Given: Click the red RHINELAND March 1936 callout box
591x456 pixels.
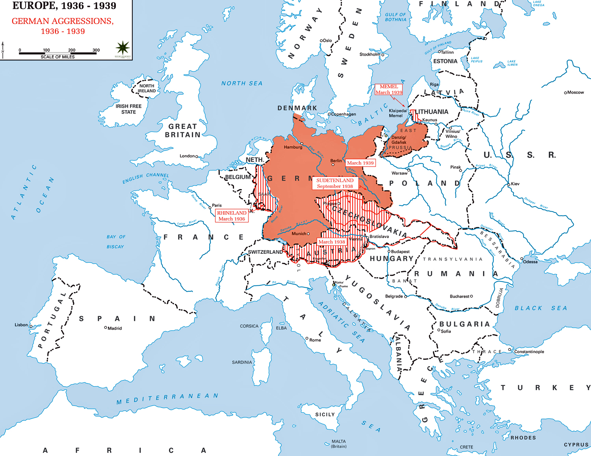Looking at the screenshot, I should click(x=232, y=216).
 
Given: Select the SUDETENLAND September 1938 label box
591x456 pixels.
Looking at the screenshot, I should click(x=335, y=183).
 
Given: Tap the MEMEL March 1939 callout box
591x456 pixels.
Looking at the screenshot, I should click(x=389, y=89).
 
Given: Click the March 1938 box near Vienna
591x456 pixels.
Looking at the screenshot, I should click(x=332, y=242).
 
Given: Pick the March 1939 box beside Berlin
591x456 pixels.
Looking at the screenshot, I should click(x=360, y=163).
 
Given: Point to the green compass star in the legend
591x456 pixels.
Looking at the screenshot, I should click(x=123, y=48).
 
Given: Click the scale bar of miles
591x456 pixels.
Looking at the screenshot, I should click(x=58, y=53).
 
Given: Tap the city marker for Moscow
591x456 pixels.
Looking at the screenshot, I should click(x=565, y=93).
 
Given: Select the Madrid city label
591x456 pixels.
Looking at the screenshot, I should click(x=115, y=328).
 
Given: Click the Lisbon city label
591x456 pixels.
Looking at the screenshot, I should click(x=21, y=325).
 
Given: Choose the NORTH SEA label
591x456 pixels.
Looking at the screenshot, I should click(x=242, y=83).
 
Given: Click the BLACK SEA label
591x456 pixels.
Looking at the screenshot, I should click(x=541, y=308).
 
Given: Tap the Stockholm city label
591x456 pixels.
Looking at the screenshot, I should click(x=370, y=54).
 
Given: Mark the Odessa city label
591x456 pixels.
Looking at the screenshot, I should click(x=530, y=262).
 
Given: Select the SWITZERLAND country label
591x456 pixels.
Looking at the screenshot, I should click(x=265, y=252).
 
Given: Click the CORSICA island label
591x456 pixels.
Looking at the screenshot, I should click(x=249, y=326).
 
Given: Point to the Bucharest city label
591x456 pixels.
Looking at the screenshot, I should click(x=459, y=296).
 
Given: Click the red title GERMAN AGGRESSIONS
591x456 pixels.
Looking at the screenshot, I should click(x=63, y=21).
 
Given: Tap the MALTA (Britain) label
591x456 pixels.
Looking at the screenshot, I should click(x=338, y=444).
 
